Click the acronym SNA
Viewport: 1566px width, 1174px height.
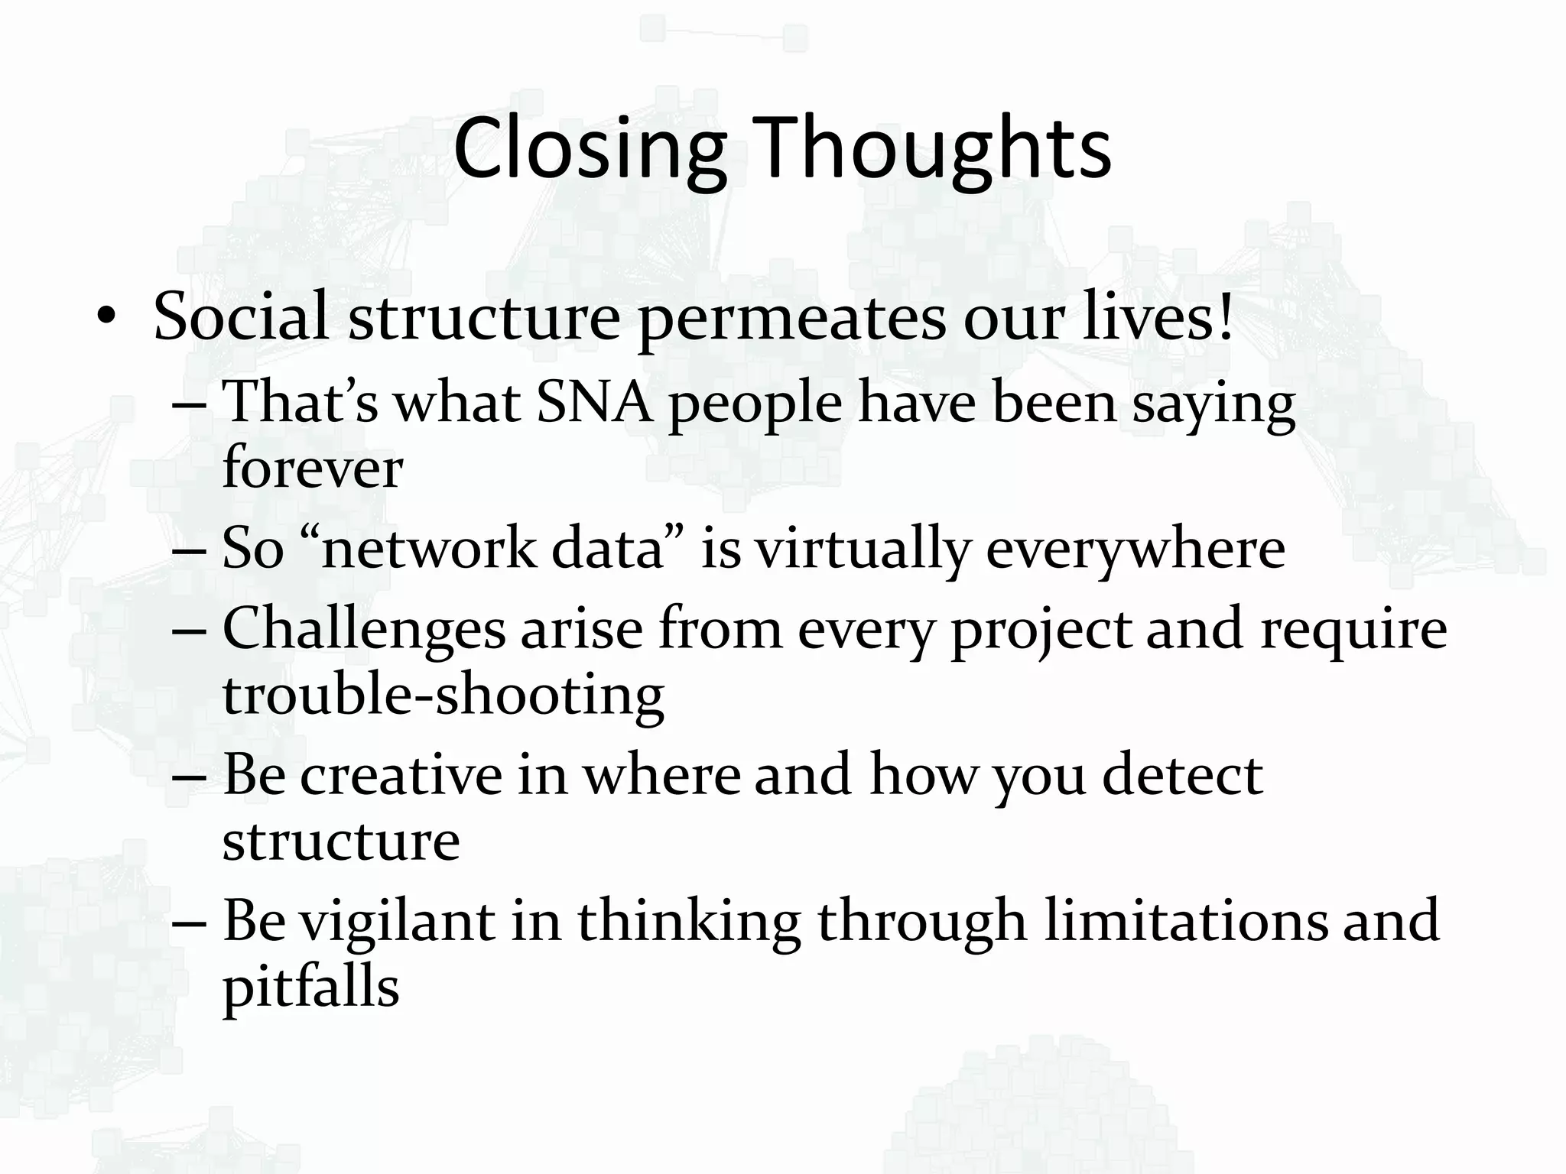[595, 403]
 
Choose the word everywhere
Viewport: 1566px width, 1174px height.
[1136, 549]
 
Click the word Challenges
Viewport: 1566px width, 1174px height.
[364, 631]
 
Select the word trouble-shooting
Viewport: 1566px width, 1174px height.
[443, 695]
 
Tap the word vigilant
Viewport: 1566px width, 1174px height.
[397, 921]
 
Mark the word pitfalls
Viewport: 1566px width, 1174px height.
[310, 987]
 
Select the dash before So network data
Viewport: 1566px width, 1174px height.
[190, 550]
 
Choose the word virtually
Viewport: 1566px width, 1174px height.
[863, 549]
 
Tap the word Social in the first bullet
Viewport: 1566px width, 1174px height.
[241, 316]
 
